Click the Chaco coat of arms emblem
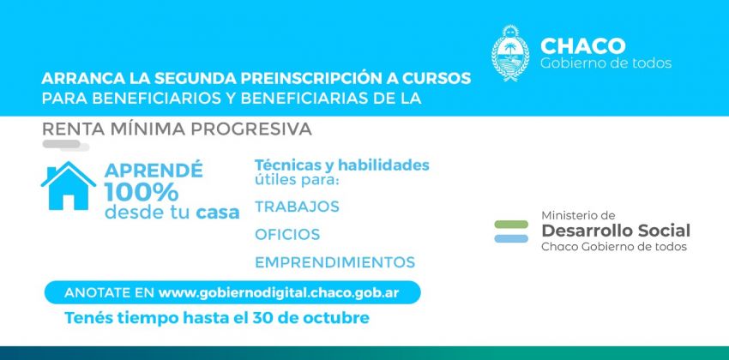510,53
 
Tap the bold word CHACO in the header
582,46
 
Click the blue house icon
69,186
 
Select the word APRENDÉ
154,170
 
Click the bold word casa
218,213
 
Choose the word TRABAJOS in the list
297,207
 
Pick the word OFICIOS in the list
287,234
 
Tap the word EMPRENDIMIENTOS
334,262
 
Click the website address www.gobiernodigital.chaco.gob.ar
279,293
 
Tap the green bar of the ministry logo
511,225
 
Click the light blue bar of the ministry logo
511,239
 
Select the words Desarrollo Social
616,231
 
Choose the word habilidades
383,165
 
